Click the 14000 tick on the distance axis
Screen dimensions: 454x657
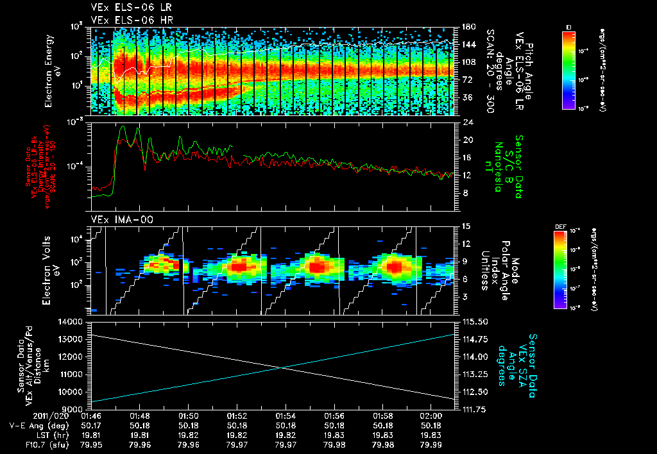pyautogui.click(x=71, y=321)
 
